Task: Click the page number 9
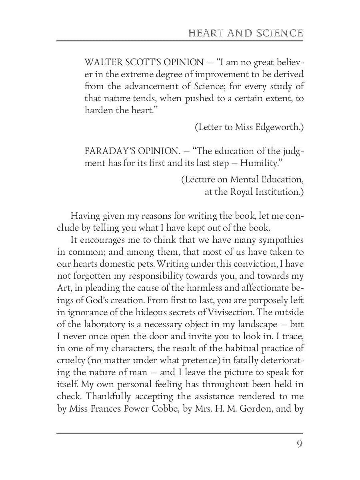pos(299,444)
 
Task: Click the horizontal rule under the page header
pos(180,41)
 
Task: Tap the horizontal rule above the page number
pos(180,433)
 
